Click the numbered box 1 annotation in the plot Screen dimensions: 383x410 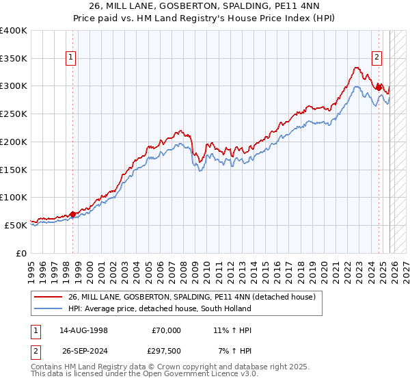tap(71, 57)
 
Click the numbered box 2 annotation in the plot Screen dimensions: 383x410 tap(377, 57)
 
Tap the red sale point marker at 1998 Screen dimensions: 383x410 tap(72, 214)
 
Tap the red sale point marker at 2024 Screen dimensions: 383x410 tap(379, 87)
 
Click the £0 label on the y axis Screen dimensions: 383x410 tap(20, 253)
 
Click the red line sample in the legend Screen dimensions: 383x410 tap(49, 298)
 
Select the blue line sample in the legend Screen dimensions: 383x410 tap(49, 309)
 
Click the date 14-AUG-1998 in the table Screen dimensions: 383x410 tap(83, 330)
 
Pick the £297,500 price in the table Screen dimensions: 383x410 tap(165, 352)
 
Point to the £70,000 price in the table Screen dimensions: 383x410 tap(166, 330)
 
